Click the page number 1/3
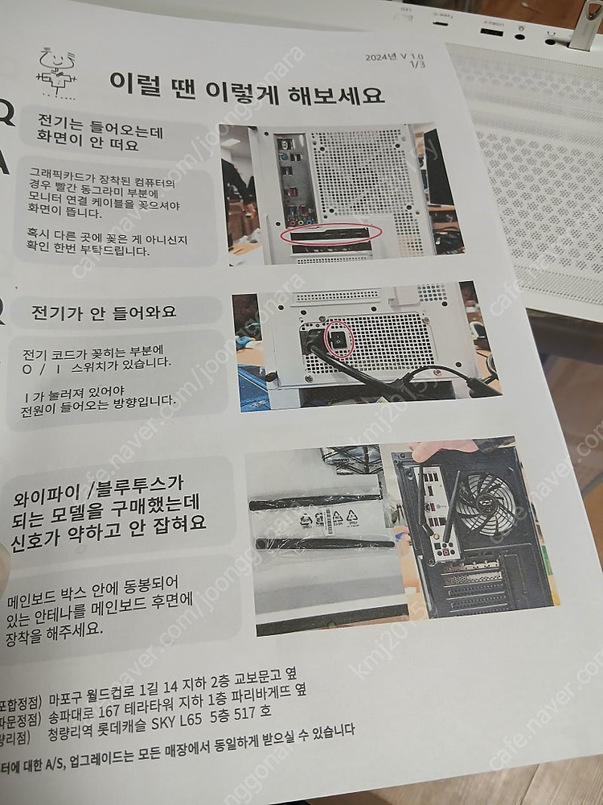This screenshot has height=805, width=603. (x=416, y=66)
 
